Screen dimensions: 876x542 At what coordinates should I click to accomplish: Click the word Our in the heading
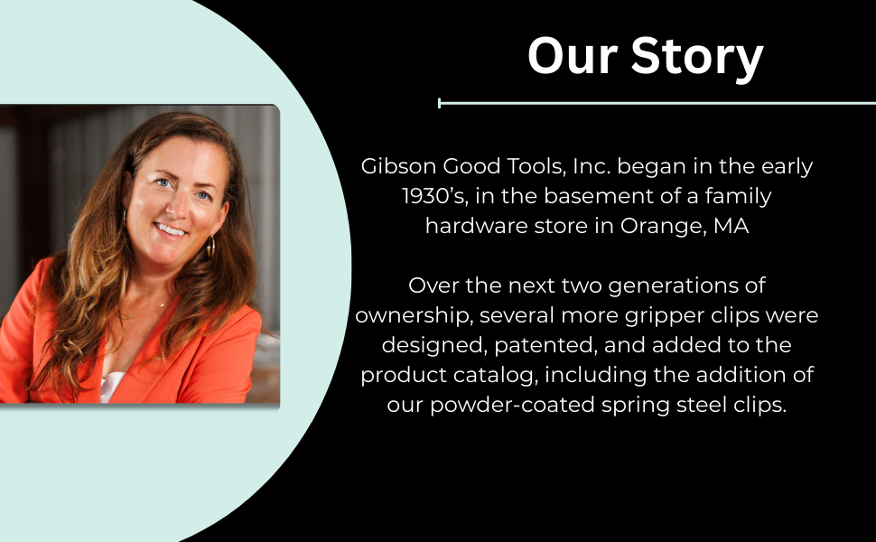572,55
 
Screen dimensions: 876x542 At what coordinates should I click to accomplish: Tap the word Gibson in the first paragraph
398,166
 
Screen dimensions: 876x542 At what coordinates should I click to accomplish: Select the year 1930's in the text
434,196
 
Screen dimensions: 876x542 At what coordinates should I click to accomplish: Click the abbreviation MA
732,226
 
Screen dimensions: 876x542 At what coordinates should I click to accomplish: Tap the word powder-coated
512,405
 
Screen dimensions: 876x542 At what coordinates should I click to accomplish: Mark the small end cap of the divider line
440,103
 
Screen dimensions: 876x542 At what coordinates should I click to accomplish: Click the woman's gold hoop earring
210,247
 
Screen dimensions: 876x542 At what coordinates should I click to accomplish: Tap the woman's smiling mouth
171,229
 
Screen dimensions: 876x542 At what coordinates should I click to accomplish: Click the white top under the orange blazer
112,388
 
